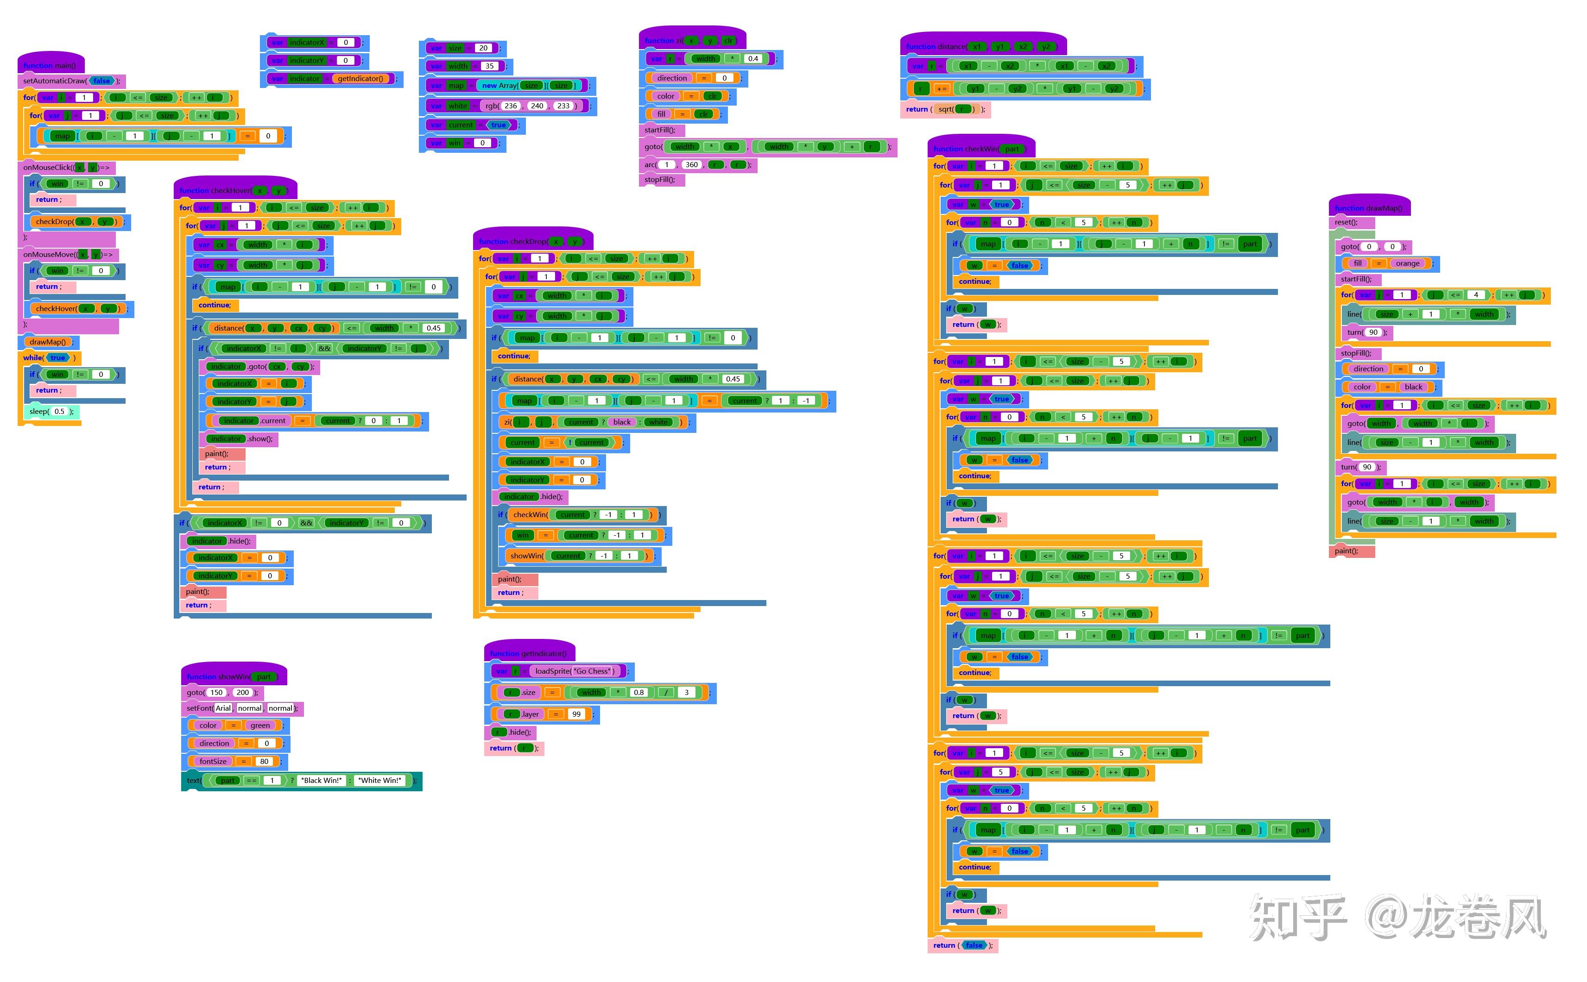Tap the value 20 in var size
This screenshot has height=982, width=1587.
(483, 48)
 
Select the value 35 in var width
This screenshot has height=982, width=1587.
(489, 66)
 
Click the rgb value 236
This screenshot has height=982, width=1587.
(511, 106)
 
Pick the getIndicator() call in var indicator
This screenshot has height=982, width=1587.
(360, 79)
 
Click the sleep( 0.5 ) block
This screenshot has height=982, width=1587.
(51, 411)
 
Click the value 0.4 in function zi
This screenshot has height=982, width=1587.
(752, 58)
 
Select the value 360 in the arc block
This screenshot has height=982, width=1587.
(691, 165)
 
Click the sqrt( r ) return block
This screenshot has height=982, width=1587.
(946, 109)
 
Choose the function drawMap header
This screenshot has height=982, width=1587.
(1368, 208)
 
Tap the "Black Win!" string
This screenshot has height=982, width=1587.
(321, 781)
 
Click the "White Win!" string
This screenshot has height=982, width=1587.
(380, 781)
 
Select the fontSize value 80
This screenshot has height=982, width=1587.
(264, 761)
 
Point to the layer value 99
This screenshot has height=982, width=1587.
(576, 714)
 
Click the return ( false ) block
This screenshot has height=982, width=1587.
(962, 945)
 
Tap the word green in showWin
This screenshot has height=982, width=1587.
(260, 726)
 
